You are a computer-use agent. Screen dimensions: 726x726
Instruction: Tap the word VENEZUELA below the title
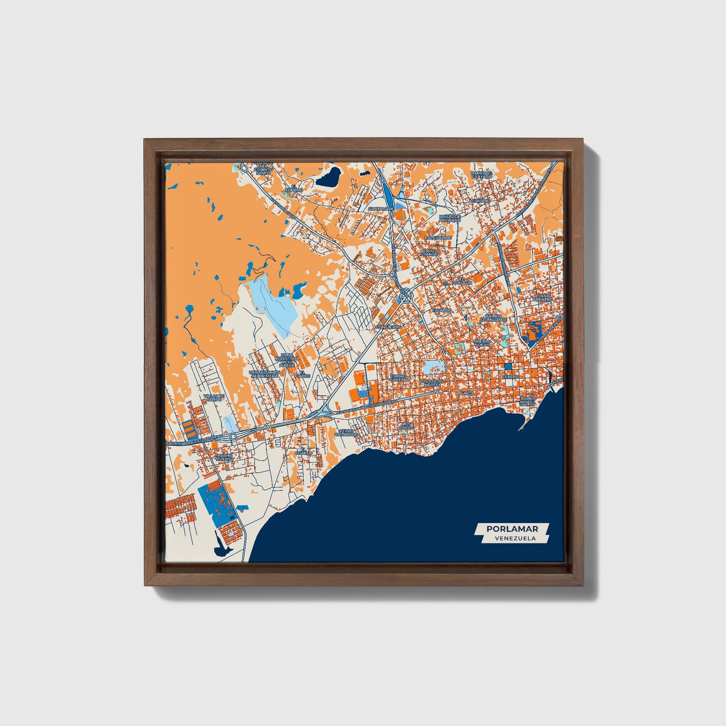pyautogui.click(x=514, y=538)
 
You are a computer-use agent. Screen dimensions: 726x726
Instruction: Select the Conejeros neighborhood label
pyautogui.click(x=388, y=327)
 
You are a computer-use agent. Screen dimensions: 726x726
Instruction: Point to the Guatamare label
pyautogui.click(x=380, y=209)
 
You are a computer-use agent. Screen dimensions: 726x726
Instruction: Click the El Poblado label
pyautogui.click(x=462, y=281)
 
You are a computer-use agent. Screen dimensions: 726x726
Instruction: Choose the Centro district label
pyautogui.click(x=510, y=376)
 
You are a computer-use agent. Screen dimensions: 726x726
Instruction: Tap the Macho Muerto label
pyautogui.click(x=225, y=457)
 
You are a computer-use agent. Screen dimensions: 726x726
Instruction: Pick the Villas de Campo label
pyautogui.click(x=214, y=397)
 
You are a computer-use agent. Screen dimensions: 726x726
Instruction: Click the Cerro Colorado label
pyautogui.click(x=346, y=432)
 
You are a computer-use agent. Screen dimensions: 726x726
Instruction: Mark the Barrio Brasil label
pyautogui.click(x=528, y=400)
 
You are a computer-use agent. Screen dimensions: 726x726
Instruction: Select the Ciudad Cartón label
pyautogui.click(x=398, y=377)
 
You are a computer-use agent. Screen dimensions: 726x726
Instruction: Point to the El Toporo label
pyautogui.click(x=293, y=189)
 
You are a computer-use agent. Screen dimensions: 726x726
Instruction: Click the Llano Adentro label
pyautogui.click(x=543, y=297)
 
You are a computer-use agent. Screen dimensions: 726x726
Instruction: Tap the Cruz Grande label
pyautogui.click(x=430, y=252)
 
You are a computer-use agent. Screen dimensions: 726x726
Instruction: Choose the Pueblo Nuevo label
pyautogui.click(x=483, y=343)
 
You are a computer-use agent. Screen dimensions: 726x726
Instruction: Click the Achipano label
pyautogui.click(x=479, y=200)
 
